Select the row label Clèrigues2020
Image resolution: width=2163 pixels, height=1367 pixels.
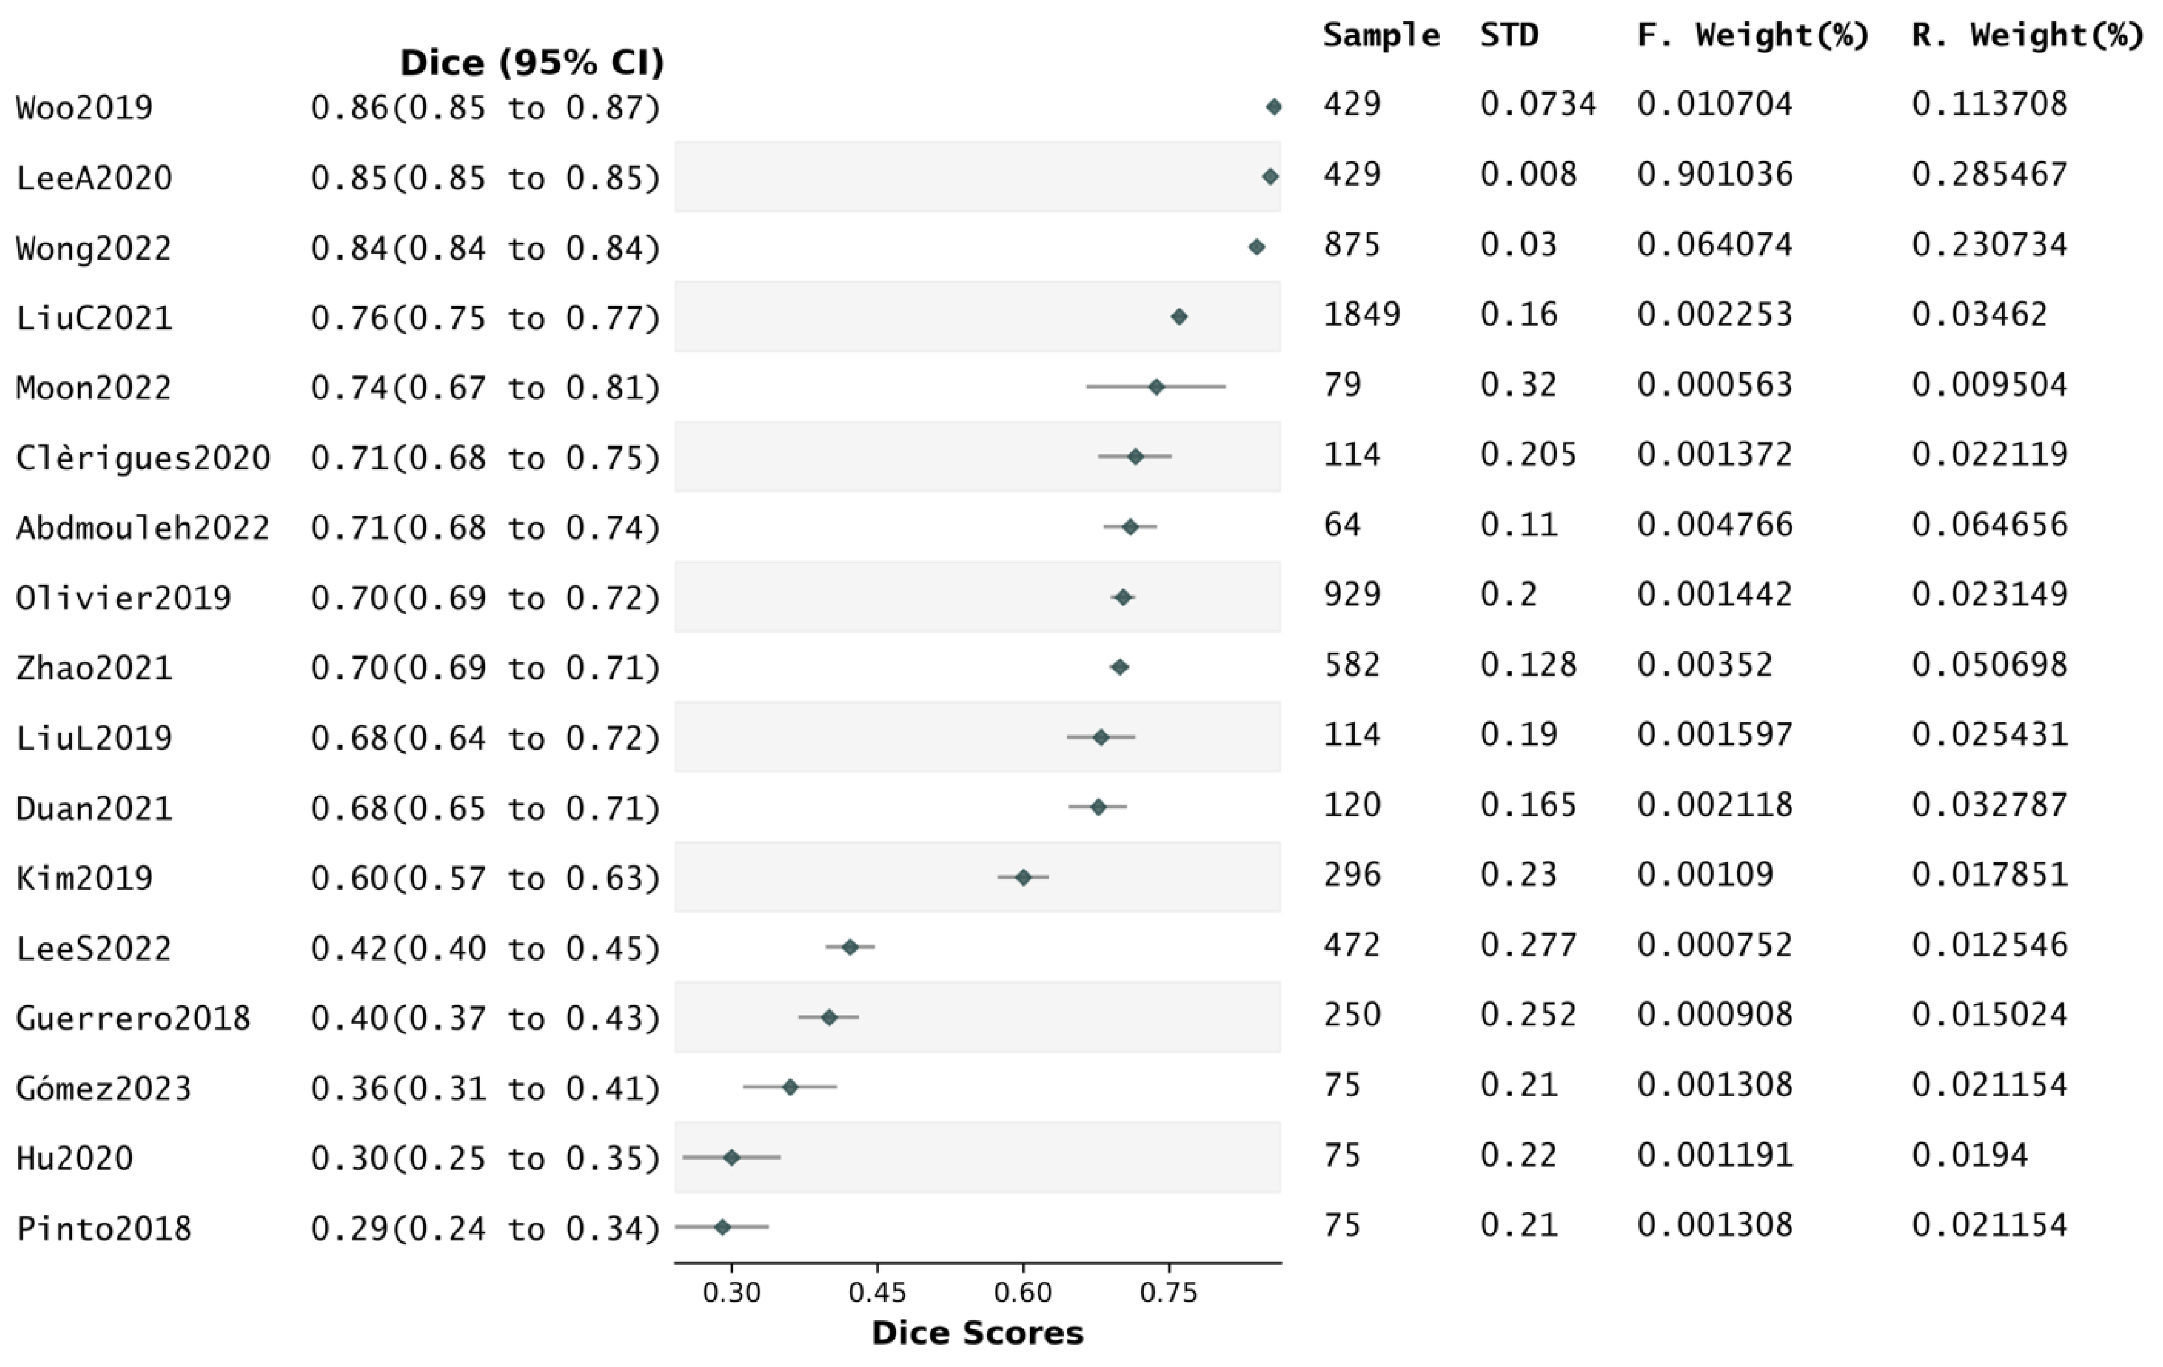point(143,458)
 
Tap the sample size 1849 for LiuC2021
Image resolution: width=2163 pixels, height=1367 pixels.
point(1361,314)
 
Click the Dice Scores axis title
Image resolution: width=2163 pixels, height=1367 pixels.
point(977,1333)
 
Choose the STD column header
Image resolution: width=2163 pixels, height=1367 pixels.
point(1509,35)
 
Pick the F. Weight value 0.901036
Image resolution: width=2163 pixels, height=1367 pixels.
point(1714,174)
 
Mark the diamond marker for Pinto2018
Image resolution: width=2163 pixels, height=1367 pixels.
point(721,1227)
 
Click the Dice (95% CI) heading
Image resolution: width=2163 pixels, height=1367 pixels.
point(532,63)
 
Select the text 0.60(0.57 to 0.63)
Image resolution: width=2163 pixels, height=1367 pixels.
point(485,878)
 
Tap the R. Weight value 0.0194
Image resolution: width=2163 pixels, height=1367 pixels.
point(1969,1155)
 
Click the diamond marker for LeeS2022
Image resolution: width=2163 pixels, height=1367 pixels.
point(850,946)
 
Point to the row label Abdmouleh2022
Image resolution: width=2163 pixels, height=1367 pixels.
point(143,527)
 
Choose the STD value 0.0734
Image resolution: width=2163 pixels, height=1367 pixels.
point(1537,104)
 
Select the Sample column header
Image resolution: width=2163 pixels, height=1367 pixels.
point(1380,35)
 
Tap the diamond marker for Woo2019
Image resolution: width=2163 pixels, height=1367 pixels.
point(1273,107)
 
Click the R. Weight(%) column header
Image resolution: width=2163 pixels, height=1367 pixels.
point(2027,35)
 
